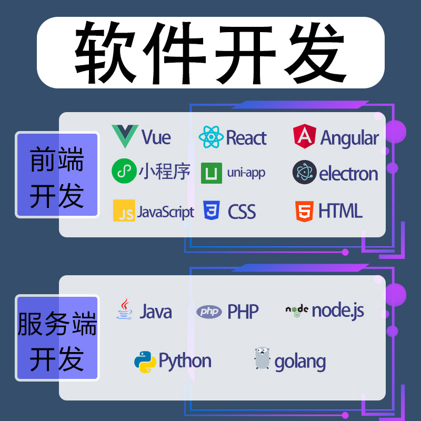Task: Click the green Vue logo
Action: click(x=125, y=136)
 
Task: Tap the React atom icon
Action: click(x=211, y=137)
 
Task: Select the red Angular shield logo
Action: click(x=304, y=136)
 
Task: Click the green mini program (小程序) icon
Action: click(x=124, y=172)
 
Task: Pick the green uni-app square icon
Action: click(x=212, y=173)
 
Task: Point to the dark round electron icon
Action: click(x=304, y=172)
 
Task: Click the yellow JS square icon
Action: click(x=124, y=210)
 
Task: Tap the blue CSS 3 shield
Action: click(x=212, y=210)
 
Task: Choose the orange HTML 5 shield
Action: click(x=304, y=210)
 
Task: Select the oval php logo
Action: click(x=209, y=312)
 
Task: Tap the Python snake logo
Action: click(x=145, y=362)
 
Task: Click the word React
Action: click(x=246, y=138)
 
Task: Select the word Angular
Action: click(x=349, y=138)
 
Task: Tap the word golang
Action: click(x=300, y=362)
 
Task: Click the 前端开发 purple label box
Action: click(x=57, y=175)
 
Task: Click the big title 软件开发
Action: click(x=210, y=52)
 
